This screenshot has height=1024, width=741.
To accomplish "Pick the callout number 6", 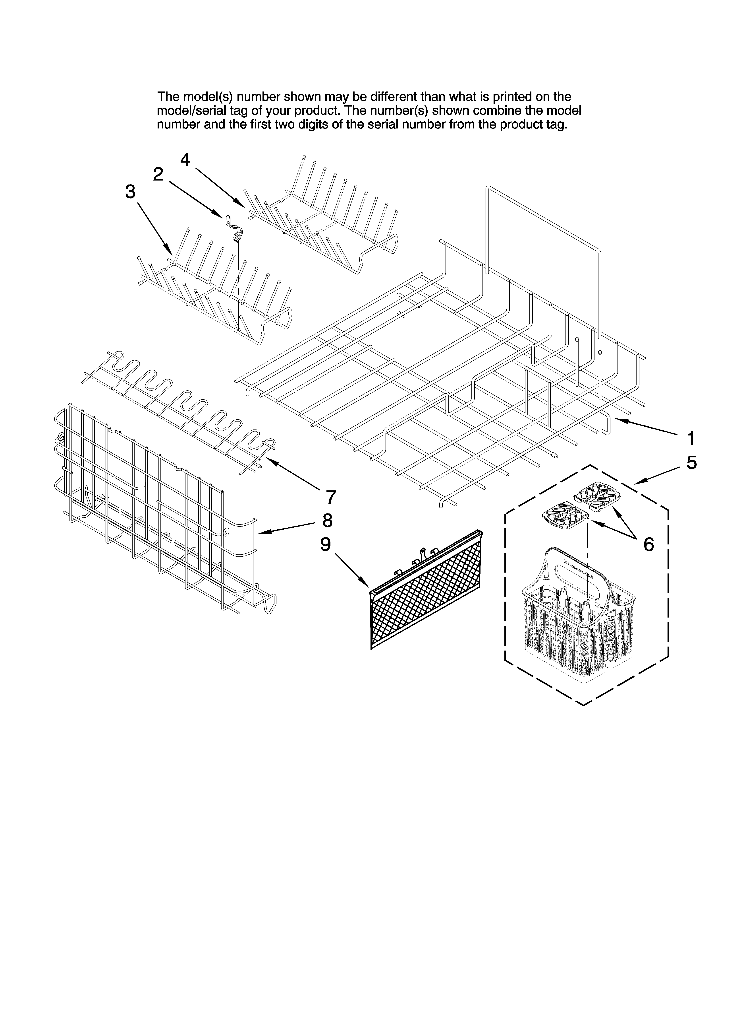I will click(648, 544).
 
